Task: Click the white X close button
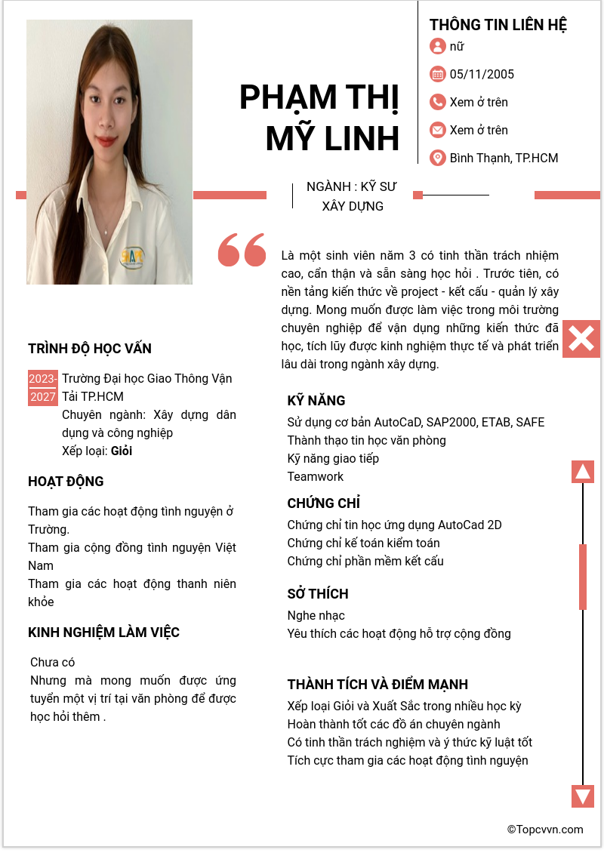(581, 339)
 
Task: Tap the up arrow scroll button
(583, 472)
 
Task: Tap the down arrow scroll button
(583, 796)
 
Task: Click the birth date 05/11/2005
(482, 74)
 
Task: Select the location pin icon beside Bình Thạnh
(437, 158)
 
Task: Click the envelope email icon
(437, 130)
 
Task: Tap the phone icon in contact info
(437, 102)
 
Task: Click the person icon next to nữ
(437, 46)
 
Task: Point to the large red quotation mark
(242, 250)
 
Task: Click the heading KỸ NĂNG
(316, 400)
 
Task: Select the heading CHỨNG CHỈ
(324, 503)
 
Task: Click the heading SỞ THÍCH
(318, 593)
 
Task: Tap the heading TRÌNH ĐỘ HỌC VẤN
(90, 349)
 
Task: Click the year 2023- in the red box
(43, 378)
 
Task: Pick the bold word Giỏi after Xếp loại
(122, 451)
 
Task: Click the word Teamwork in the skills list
(316, 476)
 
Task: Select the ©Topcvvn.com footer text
(545, 830)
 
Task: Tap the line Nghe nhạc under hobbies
(316, 615)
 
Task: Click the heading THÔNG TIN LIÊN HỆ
(498, 25)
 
